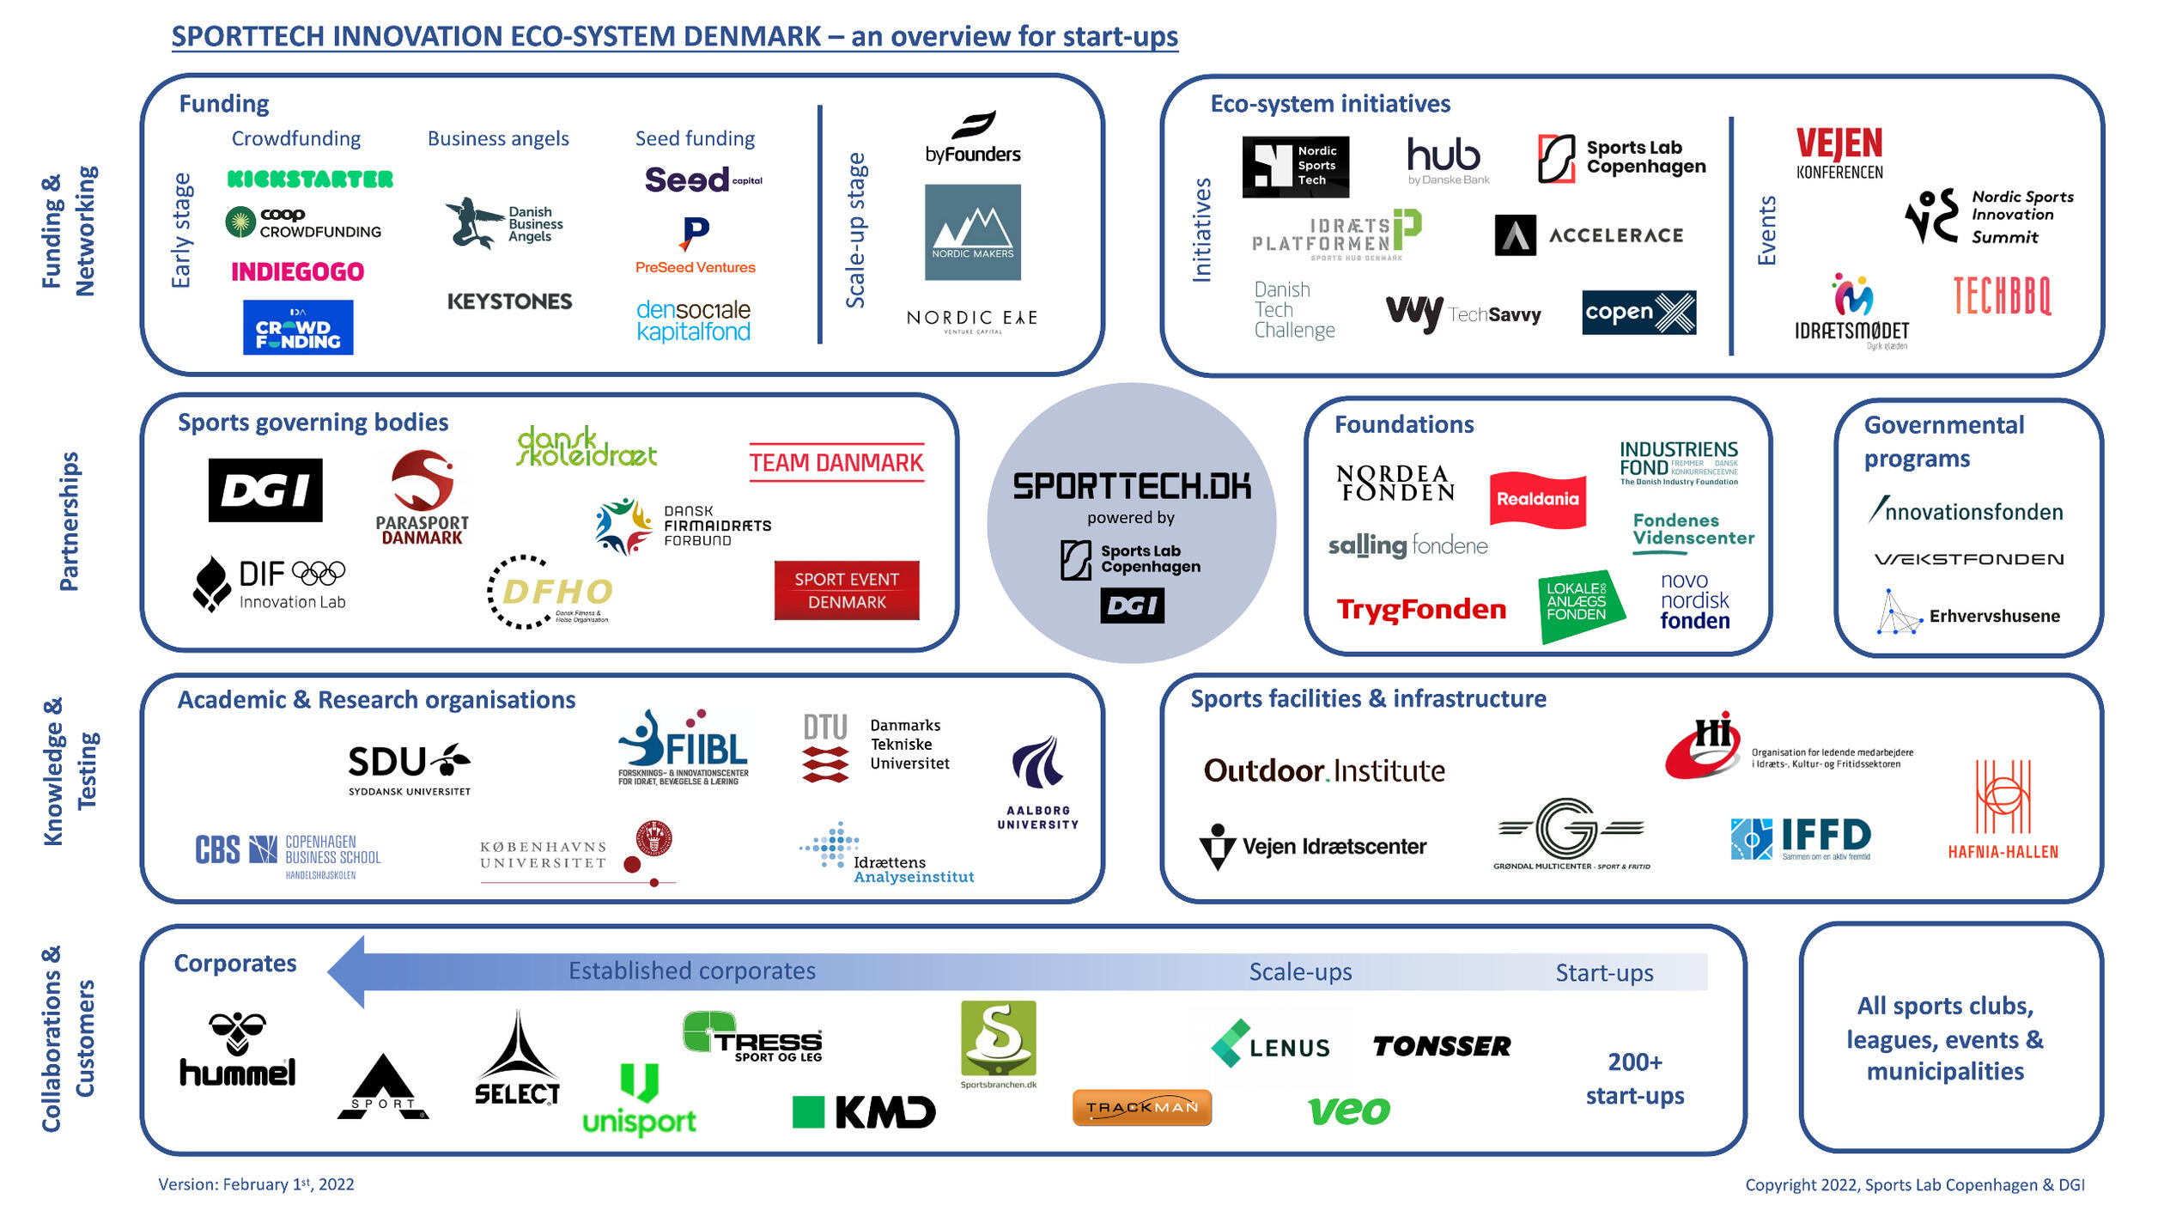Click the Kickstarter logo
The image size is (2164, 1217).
click(310, 180)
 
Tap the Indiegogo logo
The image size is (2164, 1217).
click(298, 272)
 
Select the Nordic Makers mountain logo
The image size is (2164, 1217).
click(972, 232)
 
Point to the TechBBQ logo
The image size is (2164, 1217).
click(2002, 296)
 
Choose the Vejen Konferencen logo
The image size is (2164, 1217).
click(1839, 153)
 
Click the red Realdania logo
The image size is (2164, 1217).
click(1537, 499)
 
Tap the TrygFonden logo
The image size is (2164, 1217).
click(1421, 610)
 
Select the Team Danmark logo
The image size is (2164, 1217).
click(836, 463)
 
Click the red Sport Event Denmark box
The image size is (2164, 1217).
click(847, 591)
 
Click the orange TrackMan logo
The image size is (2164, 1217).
click(1142, 1108)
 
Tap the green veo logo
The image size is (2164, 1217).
click(1349, 1111)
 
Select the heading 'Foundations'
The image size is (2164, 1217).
click(1404, 424)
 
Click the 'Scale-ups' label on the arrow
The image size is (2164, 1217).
click(1300, 972)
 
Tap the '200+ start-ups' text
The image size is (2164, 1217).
click(1635, 1079)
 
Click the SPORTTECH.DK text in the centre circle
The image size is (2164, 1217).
click(1132, 486)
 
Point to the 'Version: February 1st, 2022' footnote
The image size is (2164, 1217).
click(256, 1184)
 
